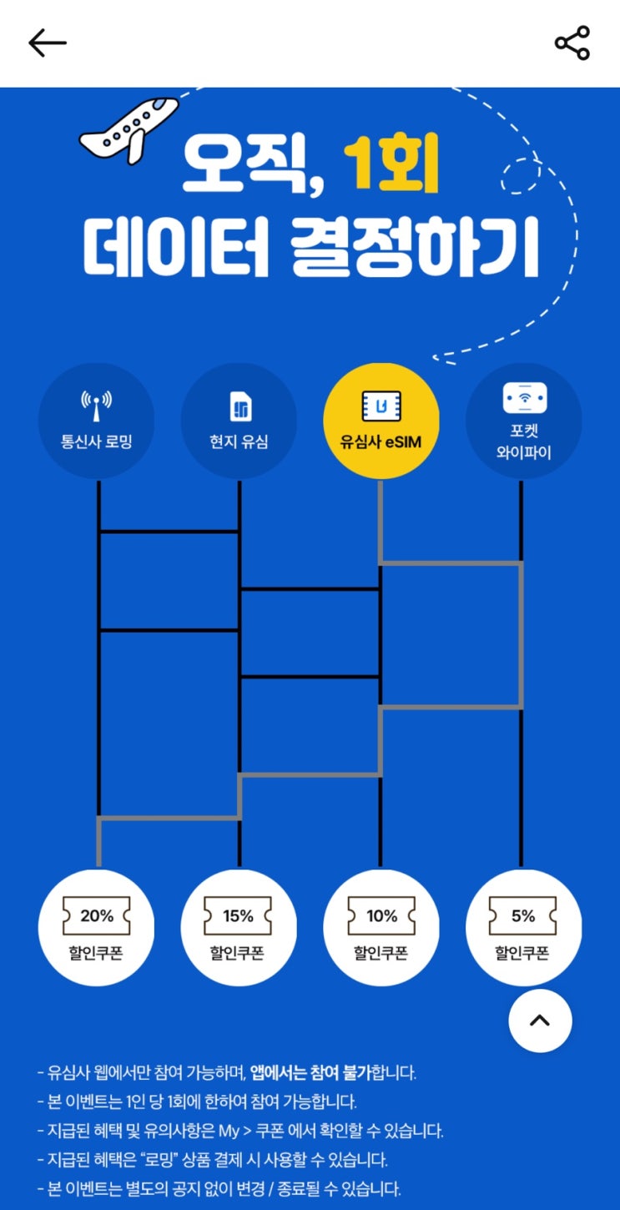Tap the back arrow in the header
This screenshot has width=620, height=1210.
[47, 43]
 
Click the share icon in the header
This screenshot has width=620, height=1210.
[572, 42]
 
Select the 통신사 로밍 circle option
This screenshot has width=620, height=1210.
[96, 421]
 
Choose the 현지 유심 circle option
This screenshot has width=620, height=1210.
[239, 421]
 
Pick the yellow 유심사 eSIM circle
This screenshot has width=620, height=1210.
[381, 421]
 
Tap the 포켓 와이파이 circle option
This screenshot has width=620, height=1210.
[524, 421]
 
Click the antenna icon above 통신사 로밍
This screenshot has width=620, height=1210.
[96, 405]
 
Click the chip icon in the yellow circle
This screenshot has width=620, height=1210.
[381, 405]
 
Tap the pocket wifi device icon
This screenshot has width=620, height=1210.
[524, 398]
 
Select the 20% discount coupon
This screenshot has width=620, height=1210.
[96, 927]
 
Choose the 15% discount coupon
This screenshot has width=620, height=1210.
[239, 927]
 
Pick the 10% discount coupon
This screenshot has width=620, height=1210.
[381, 927]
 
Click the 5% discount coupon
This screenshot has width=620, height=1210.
[524, 927]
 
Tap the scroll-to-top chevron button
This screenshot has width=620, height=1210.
[540, 1021]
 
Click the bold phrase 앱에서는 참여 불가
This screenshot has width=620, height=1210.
[311, 1072]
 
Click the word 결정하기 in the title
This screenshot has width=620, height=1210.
[414, 247]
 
